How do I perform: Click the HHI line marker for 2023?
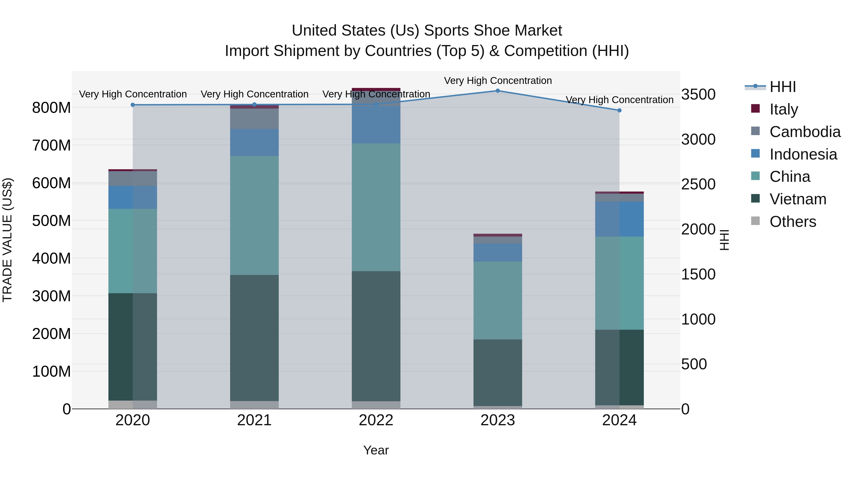click(498, 91)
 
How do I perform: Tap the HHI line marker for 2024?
click(619, 110)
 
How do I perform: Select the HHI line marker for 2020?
click(133, 105)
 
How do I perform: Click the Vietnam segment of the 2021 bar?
click(254, 338)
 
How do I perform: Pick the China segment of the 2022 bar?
click(376, 207)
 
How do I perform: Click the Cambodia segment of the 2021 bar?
click(254, 119)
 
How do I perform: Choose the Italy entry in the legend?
click(783, 109)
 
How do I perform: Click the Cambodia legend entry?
click(805, 132)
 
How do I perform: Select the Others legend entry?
click(792, 222)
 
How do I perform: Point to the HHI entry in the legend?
click(782, 87)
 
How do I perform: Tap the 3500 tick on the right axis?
click(698, 94)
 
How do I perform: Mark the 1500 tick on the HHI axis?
click(698, 274)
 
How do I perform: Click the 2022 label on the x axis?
click(376, 420)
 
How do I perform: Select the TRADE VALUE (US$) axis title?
click(8, 240)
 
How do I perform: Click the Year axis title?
click(376, 450)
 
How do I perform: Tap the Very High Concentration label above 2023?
click(498, 81)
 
